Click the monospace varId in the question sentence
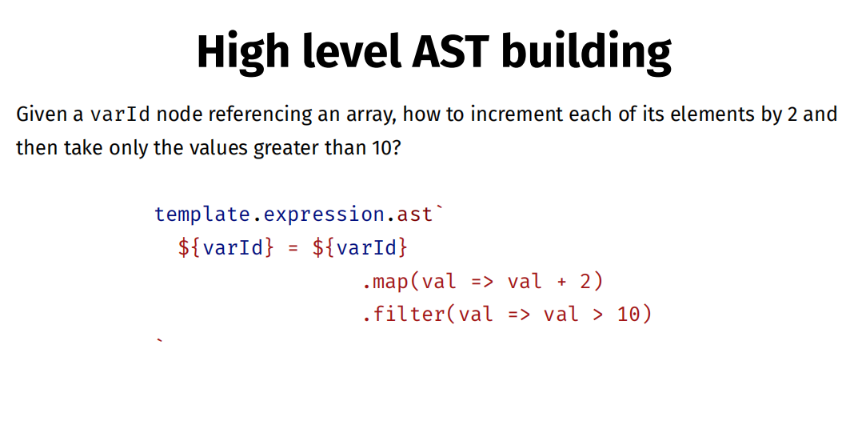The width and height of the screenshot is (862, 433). click(120, 114)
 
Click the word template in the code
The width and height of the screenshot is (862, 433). click(202, 214)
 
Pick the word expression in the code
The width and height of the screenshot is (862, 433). click(324, 214)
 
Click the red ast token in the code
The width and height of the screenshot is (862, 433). click(414, 214)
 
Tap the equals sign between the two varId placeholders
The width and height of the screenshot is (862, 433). click(293, 247)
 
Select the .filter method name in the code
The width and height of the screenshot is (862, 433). click(404, 315)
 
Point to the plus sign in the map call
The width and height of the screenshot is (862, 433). click(561, 282)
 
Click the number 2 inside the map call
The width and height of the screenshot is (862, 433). click(585, 281)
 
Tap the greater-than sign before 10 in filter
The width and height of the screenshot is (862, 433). click(598, 315)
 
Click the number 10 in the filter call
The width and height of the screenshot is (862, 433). click(629, 315)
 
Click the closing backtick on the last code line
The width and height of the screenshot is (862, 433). click(159, 341)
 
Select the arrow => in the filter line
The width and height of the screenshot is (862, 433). click(519, 315)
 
